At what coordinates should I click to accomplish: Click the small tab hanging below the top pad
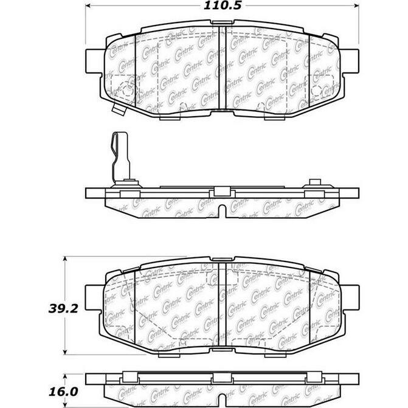[119, 109]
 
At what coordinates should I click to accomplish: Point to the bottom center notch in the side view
[222, 212]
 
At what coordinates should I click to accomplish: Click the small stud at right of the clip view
[315, 183]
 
